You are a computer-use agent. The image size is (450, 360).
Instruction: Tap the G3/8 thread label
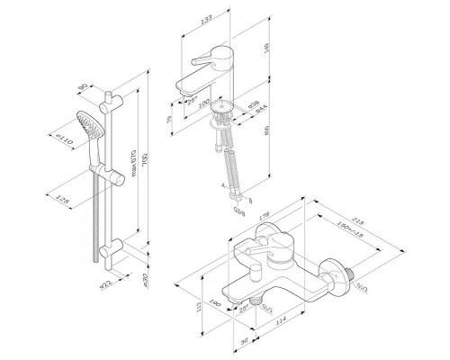(x=238, y=212)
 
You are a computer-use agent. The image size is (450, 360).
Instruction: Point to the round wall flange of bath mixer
(x=340, y=271)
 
